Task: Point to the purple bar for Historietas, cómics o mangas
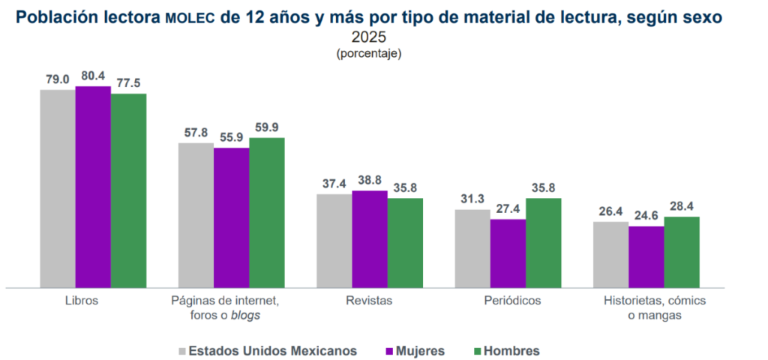pyautogui.click(x=646, y=256)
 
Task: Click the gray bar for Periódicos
pyautogui.click(x=472, y=248)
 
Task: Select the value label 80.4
pyautogui.click(x=94, y=76)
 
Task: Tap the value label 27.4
pyautogui.click(x=508, y=208)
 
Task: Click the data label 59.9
pyautogui.click(x=267, y=127)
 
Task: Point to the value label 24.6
pyautogui.click(x=646, y=215)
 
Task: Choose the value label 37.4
pyautogui.click(x=334, y=184)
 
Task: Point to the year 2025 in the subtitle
pyautogui.click(x=368, y=37)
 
